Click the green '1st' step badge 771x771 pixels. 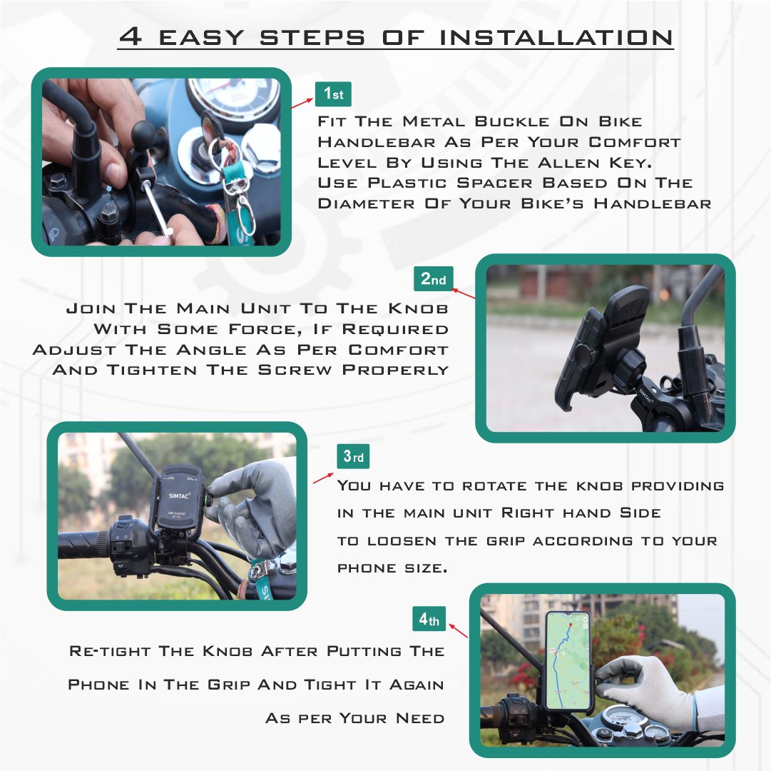coord(333,94)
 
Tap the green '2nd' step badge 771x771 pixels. coord(433,279)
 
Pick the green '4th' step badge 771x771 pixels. coord(429,620)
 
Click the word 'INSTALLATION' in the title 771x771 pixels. coord(556,37)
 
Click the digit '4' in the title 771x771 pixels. coord(131,36)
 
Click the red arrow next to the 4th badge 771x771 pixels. coord(457,631)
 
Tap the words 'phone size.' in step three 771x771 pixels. coord(392,568)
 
